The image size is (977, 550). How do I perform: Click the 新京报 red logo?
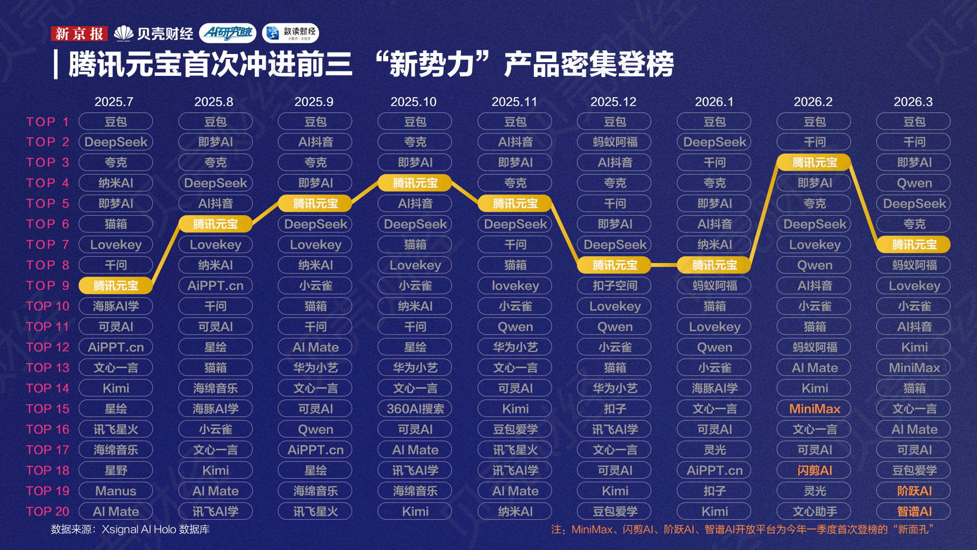coord(79,34)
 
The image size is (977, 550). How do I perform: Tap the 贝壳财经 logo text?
coord(154,34)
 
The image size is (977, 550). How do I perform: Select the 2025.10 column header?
coord(413,102)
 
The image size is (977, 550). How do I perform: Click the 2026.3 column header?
coord(913,102)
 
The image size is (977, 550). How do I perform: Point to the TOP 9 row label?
coord(47,286)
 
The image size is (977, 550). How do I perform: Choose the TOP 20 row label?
coord(47,511)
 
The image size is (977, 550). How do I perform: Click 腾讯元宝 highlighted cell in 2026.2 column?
coord(814,162)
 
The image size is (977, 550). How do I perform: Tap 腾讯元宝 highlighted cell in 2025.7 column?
coord(116,286)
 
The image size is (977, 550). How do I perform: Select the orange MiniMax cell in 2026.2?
coord(814,409)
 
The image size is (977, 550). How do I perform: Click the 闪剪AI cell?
coord(814,471)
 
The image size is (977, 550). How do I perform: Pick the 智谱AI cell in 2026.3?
coord(914,511)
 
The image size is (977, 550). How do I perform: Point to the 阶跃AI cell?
coord(914,491)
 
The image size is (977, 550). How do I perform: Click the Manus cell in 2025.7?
coord(116,491)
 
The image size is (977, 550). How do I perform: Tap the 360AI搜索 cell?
coord(415,409)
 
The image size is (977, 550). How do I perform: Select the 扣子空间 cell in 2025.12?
coord(615,286)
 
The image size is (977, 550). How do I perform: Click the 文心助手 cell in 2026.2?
coord(814,511)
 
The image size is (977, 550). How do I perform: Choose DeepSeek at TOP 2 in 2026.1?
coord(714,142)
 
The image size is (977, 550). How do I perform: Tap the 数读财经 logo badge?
coord(291,33)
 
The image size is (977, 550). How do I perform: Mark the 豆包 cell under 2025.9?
coord(315,122)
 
